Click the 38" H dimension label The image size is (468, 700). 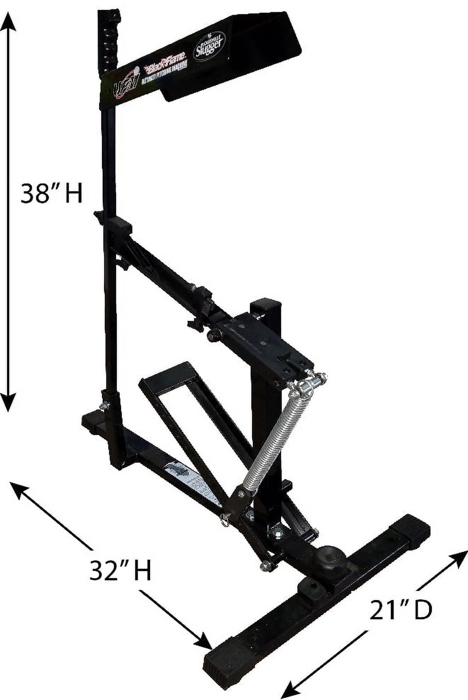51,193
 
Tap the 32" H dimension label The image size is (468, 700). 120,570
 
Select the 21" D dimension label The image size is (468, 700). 401,610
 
